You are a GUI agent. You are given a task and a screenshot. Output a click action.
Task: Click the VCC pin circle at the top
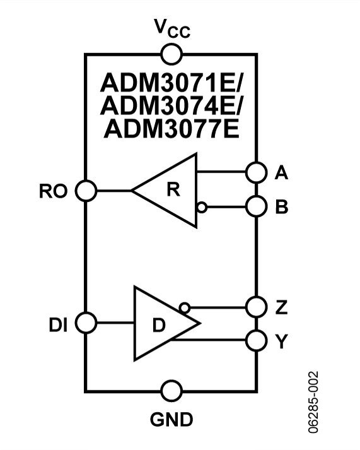[171, 54]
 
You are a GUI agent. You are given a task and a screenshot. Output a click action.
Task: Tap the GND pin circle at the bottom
[171, 391]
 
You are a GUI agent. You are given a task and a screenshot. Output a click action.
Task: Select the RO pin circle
[86, 189]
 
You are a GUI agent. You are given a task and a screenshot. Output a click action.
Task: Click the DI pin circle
[86, 323]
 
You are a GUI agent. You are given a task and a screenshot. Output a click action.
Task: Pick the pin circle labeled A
[256, 171]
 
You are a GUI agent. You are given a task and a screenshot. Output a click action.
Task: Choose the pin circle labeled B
[256, 206]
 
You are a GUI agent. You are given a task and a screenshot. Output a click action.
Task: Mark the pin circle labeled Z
[256, 307]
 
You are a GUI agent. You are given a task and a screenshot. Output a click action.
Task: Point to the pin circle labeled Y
[256, 340]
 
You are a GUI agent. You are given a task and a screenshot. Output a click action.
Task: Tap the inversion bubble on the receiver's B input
[201, 206]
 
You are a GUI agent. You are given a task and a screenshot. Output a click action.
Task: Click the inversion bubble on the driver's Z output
[184, 307]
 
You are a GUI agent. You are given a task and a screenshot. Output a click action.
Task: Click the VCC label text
[171, 28]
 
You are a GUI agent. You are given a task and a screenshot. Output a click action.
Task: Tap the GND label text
[171, 418]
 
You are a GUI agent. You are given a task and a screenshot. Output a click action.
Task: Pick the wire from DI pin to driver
[115, 323]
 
